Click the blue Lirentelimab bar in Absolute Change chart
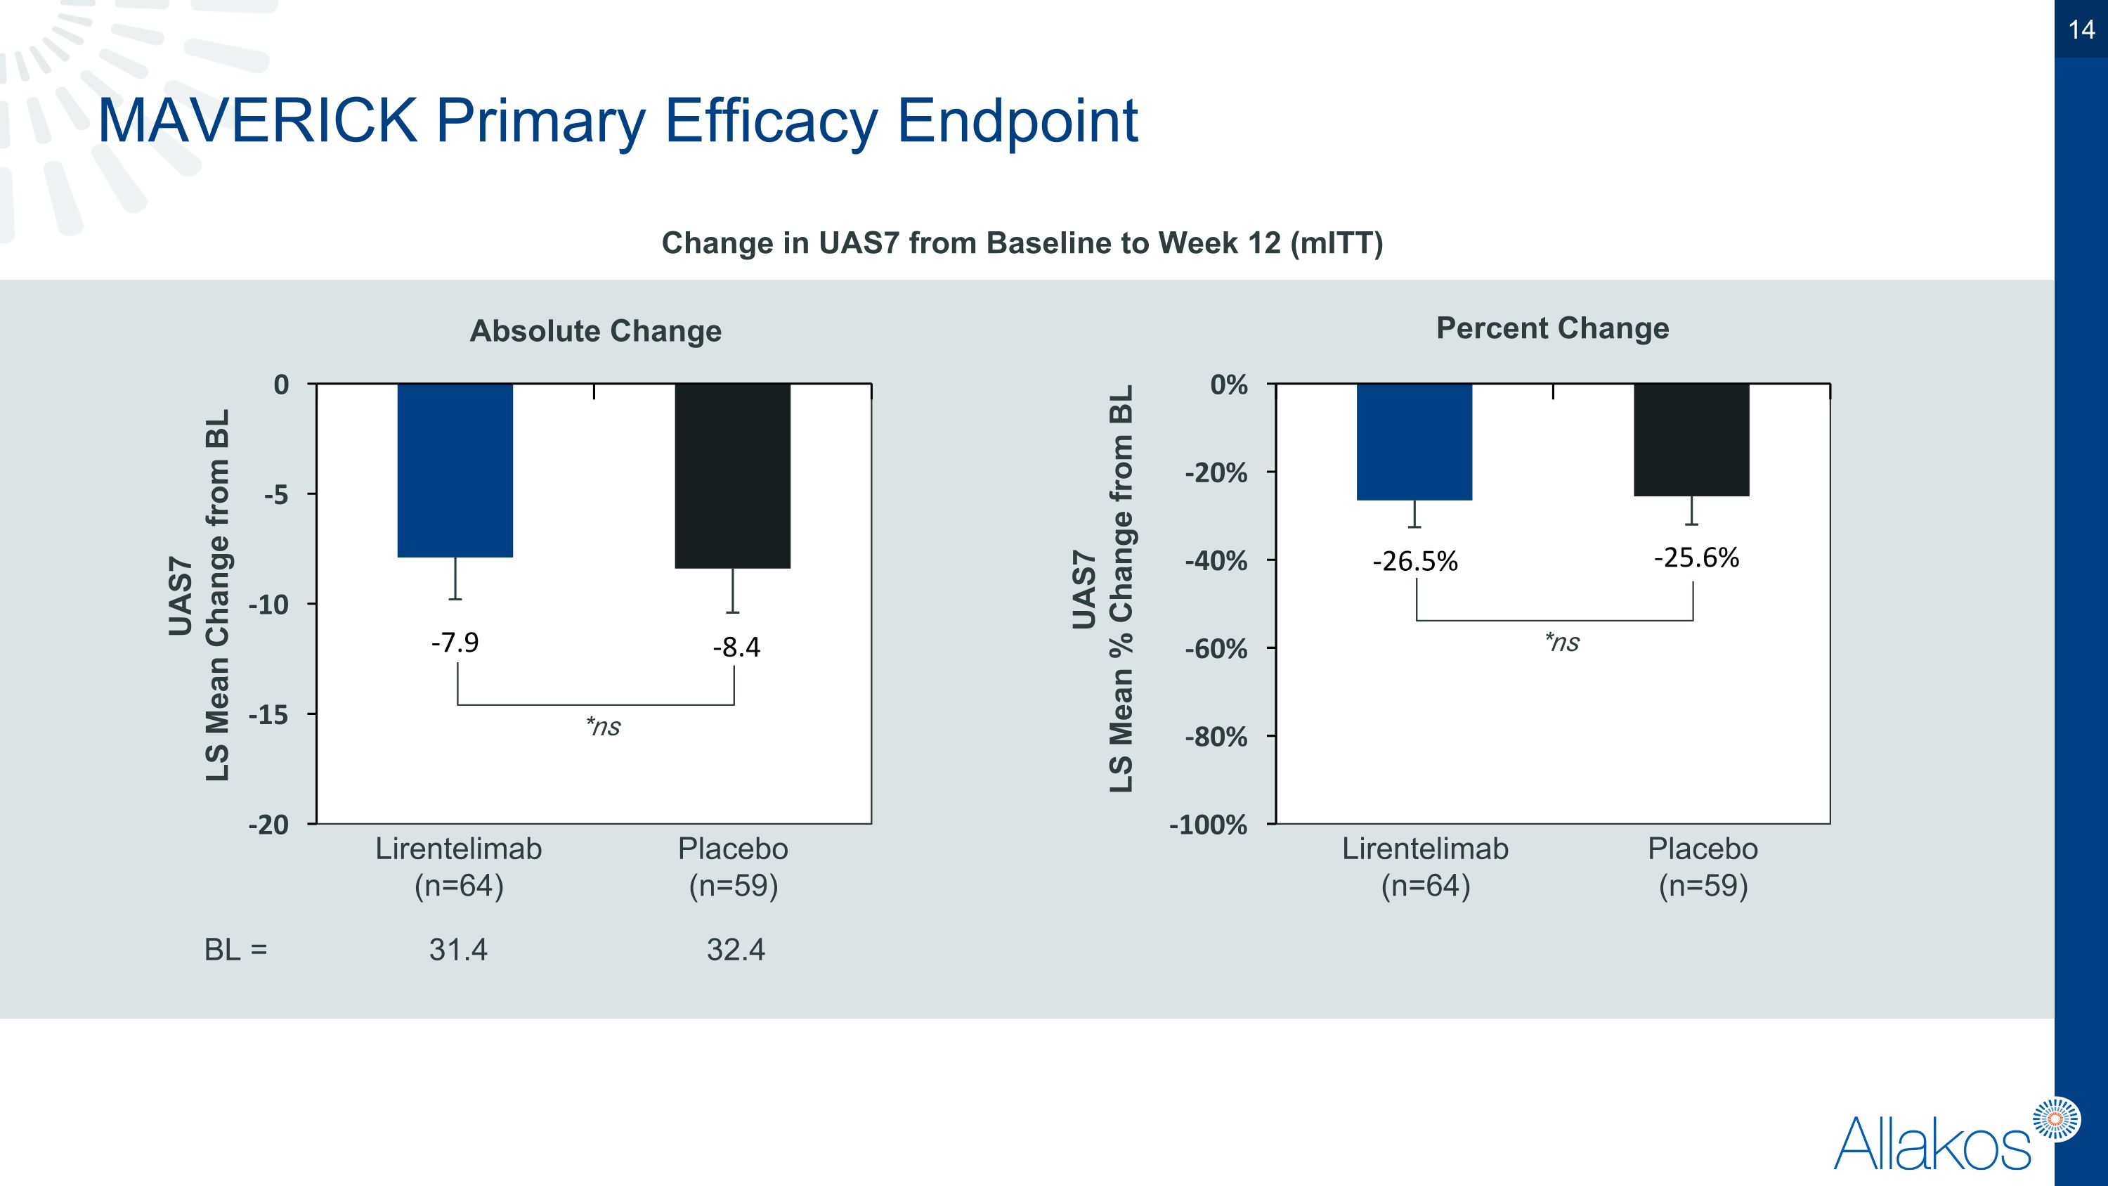455,470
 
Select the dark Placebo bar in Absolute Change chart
732,475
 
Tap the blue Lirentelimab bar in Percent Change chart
1414,442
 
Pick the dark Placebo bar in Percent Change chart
1691,439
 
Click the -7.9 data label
455,643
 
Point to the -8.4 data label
736,647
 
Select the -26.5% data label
1415,562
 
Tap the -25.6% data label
1696,557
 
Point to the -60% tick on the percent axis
1216,649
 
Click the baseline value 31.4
458,950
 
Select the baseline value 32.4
736,950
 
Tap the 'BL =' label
235,950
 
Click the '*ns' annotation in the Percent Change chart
1562,642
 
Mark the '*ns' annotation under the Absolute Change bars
603,726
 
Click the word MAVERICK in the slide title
257,120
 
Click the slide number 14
2081,30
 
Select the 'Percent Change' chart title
1552,328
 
